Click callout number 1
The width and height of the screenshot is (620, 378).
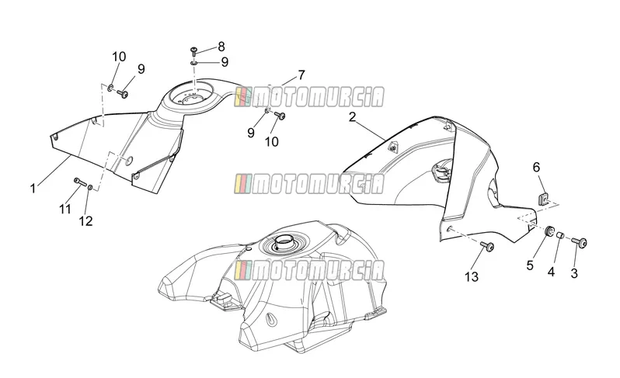pos(33,189)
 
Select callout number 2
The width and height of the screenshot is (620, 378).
pos(352,117)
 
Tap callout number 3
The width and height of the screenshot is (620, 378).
pos(574,273)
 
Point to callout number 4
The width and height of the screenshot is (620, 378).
pos(551,272)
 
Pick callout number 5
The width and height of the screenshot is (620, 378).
pos(530,265)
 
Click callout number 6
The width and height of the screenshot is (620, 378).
pos(536,167)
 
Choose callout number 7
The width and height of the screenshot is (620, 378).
pos(301,75)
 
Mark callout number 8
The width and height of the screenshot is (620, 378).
pos(221,47)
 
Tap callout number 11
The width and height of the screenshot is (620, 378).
pos(65,208)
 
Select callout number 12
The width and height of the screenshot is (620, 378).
pos(85,220)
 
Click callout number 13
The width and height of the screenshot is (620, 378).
pos(472,277)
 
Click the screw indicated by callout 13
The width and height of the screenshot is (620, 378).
pos(488,247)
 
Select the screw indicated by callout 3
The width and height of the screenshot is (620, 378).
pos(580,241)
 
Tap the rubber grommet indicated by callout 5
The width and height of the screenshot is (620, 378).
pos(549,231)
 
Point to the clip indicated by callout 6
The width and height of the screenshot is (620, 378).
pos(544,199)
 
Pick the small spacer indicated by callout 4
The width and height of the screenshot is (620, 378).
pos(560,235)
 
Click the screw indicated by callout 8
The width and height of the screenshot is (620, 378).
pos(194,50)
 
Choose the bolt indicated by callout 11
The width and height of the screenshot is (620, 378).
pos(79,182)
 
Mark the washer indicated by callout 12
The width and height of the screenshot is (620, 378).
pos(91,187)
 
